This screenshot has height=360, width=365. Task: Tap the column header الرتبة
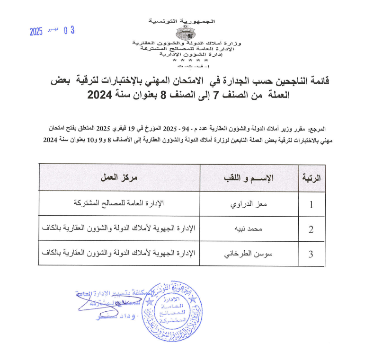coord(311,178)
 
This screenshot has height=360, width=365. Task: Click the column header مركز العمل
coord(119,178)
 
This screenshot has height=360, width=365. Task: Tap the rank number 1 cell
coord(311,205)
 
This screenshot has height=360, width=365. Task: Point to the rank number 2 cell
coord(311,230)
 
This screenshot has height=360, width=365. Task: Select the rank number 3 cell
coord(311,254)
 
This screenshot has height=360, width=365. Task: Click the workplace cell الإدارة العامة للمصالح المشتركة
coord(119,204)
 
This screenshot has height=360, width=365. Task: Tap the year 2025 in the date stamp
coord(36,32)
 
